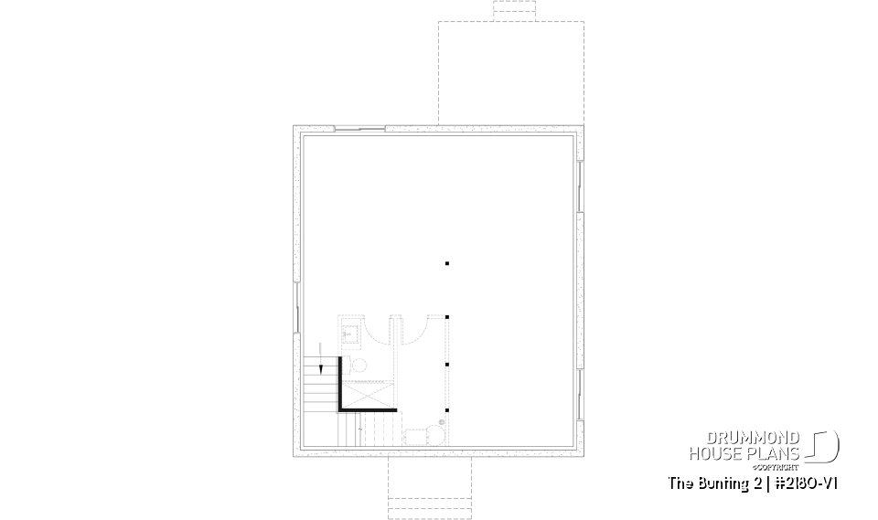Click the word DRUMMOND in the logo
753,438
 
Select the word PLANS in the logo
775,453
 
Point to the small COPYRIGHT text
776,467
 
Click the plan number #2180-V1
806,483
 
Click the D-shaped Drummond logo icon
823,446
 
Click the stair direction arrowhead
321,369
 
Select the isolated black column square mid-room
447,263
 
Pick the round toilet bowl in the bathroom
359,366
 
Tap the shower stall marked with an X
367,395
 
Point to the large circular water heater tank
435,435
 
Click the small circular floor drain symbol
441,422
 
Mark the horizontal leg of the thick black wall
368,410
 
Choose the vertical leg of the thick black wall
340,384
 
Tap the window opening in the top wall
359,129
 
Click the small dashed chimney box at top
515,11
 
